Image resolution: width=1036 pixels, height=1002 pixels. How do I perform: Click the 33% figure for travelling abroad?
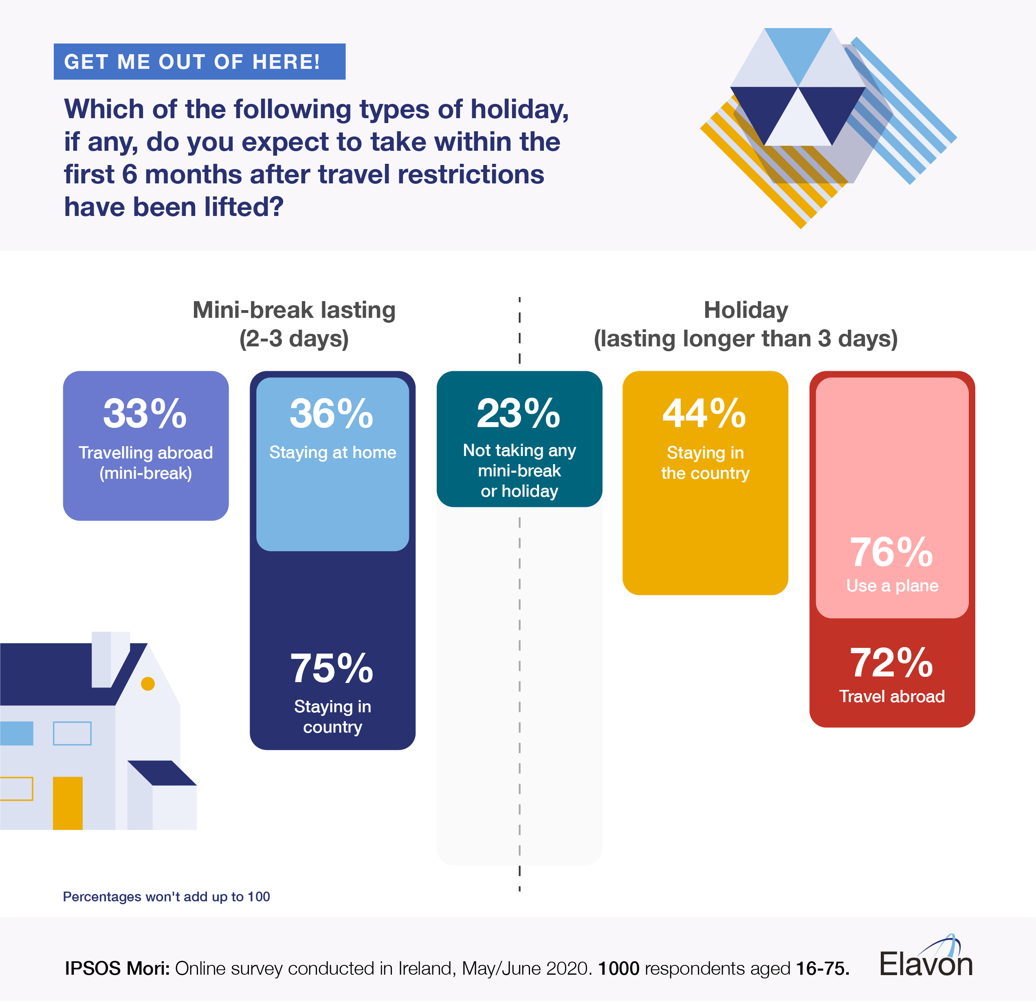[x=145, y=414]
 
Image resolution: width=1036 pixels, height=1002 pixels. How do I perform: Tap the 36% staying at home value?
[x=332, y=414]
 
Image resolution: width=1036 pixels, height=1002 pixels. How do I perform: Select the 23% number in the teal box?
[x=519, y=414]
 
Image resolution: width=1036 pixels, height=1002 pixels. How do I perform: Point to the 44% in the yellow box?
[x=704, y=414]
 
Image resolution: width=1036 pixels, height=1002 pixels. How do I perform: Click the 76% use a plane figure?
[x=892, y=552]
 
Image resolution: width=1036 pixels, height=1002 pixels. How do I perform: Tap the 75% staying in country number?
[x=332, y=668]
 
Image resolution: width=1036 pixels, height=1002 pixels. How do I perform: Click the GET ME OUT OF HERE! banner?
[x=199, y=62]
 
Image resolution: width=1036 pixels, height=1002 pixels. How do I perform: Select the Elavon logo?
[x=926, y=960]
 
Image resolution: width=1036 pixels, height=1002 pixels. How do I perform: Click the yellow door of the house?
[x=68, y=803]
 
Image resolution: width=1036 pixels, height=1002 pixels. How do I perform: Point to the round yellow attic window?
[x=148, y=684]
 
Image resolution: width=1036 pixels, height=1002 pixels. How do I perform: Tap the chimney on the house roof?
[x=110, y=659]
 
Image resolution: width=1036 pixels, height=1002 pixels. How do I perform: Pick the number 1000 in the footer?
[x=618, y=968]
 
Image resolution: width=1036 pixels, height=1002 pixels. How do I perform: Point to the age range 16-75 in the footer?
[x=822, y=968]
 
